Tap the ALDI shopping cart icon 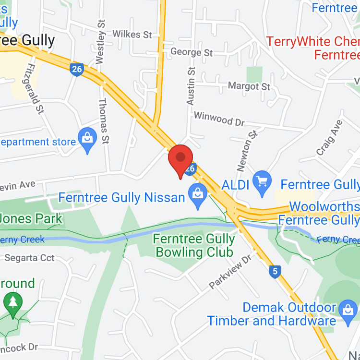(x=262, y=182)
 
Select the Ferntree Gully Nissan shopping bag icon (x=197, y=196)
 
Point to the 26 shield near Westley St (x=76, y=69)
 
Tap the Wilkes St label (x=132, y=35)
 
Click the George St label (x=191, y=51)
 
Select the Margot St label (x=249, y=86)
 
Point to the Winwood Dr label (x=219, y=119)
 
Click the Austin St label (x=191, y=86)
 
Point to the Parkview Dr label (x=230, y=272)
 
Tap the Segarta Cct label (x=29, y=258)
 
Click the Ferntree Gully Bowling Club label (x=194, y=245)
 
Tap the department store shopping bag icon (x=87, y=139)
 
